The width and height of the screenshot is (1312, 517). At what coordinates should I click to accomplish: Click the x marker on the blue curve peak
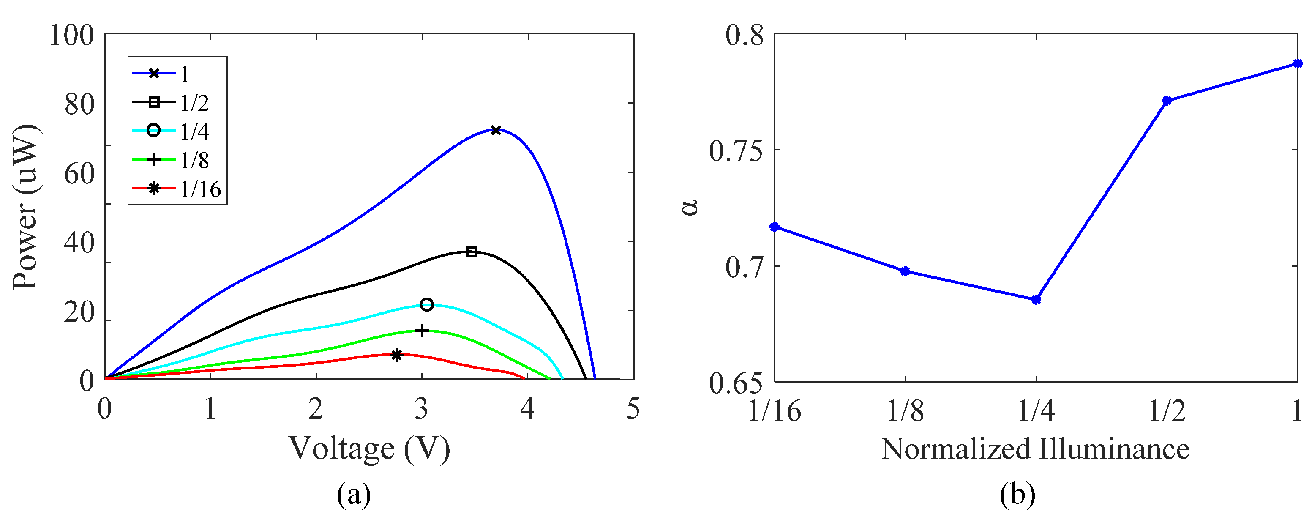pos(496,130)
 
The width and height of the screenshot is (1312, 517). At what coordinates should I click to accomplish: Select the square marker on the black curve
pos(472,252)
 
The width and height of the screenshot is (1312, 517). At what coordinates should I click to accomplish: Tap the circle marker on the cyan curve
pos(427,305)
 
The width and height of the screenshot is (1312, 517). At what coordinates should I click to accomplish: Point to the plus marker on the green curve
pos(422,331)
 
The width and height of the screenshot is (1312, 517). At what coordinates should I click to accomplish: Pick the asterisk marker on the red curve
pos(397,355)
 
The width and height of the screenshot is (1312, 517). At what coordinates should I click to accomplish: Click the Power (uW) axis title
pos(25,206)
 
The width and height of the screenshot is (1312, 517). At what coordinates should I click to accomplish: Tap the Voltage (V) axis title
pos(370,448)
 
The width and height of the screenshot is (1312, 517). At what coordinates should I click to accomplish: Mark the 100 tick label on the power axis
pos(72,36)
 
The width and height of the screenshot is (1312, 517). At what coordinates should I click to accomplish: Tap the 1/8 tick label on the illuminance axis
pos(905,410)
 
